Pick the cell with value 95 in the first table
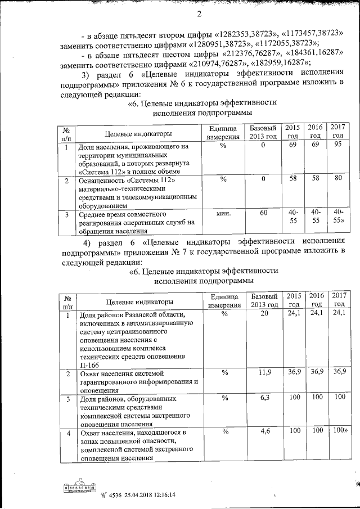coord(337,146)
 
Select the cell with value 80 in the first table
coord(337,179)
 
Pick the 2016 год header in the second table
coord(317,299)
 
